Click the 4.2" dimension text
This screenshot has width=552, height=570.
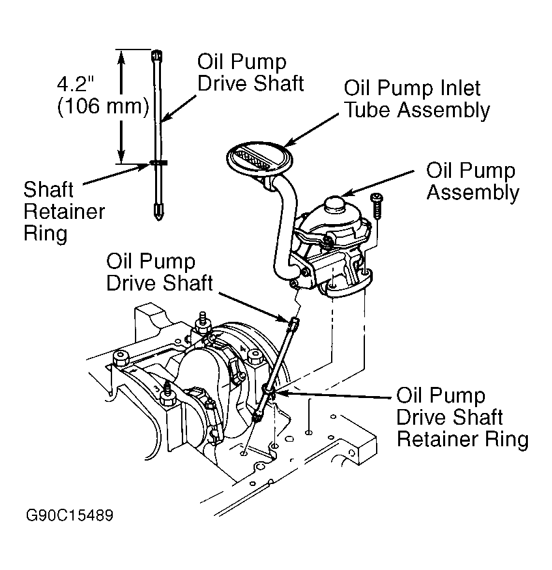click(76, 84)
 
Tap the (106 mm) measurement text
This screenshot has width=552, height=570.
click(103, 107)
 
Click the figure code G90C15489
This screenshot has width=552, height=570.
click(70, 515)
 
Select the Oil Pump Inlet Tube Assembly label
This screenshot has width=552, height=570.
click(416, 99)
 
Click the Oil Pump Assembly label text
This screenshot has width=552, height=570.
click(472, 182)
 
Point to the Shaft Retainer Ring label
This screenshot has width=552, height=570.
click(64, 212)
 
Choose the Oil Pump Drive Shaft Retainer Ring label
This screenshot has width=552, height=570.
click(462, 418)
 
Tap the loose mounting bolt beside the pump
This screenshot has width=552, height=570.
click(377, 206)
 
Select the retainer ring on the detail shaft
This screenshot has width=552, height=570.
click(158, 162)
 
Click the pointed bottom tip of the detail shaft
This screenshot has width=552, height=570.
click(158, 218)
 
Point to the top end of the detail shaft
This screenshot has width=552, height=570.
click(156, 51)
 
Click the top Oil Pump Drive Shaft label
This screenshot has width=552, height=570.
click(250, 73)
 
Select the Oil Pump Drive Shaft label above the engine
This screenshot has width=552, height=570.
click(159, 272)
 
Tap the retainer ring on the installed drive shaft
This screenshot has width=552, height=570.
click(269, 390)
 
